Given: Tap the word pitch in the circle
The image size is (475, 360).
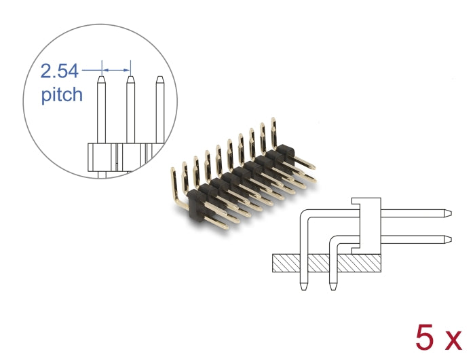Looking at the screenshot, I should click(62, 94).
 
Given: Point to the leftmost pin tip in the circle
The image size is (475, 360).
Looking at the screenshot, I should click(101, 81).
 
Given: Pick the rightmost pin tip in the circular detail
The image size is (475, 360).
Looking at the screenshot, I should click(160, 81).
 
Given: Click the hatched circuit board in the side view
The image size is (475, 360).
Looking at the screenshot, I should click(326, 262).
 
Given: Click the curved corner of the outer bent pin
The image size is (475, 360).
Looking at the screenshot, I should click(306, 215).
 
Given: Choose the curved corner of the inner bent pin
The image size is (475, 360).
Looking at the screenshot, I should click(335, 241).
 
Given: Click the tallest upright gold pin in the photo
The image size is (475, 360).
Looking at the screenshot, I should click(273, 131).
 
